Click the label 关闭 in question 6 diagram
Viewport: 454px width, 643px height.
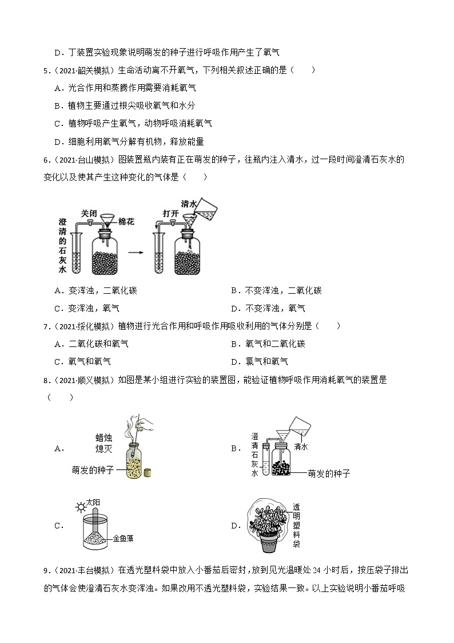tap(89, 213)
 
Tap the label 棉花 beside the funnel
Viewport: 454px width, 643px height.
tap(126, 222)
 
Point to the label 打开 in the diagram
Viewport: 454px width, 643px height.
tap(171, 213)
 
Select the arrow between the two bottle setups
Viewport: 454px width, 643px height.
tap(136, 251)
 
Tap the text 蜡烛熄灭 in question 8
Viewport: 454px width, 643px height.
tap(107, 443)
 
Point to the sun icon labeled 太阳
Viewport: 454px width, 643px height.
tap(81, 507)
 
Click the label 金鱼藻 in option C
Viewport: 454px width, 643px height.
tap(123, 538)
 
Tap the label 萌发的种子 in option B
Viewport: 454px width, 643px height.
tap(328, 474)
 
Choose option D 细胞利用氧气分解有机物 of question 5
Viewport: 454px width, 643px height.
tap(129, 141)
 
